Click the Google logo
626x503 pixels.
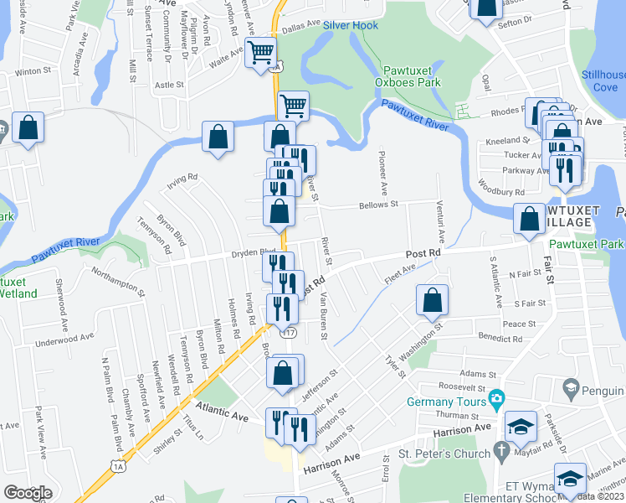(28, 493)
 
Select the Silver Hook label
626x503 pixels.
(351, 26)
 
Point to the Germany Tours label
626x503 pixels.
(447, 402)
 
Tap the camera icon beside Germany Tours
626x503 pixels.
(495, 397)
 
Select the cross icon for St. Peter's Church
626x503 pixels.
(500, 454)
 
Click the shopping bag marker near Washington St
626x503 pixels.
(431, 300)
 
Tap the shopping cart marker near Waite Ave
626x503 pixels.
(261, 52)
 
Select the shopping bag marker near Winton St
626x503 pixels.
(28, 128)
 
